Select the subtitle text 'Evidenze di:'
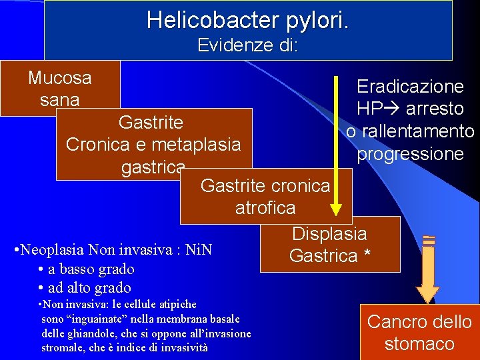click(247, 45)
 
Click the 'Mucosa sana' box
click(59, 88)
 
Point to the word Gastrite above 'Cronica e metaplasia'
click(151, 123)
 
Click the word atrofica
click(265, 207)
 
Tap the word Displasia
click(329, 233)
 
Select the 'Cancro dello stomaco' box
click(419, 332)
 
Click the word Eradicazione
click(410, 87)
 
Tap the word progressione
click(410, 154)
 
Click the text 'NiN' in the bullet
click(199, 251)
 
